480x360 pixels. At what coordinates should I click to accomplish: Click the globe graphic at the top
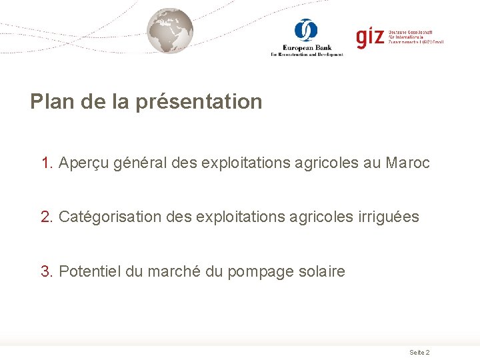tap(170, 31)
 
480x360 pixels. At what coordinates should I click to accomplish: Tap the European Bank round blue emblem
tap(306, 30)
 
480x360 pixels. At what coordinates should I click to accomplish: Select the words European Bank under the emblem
tap(307, 47)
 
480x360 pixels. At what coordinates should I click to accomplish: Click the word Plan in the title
tap(51, 102)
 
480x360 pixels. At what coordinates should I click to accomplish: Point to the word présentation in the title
tap(199, 102)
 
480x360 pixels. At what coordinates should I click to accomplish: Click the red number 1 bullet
tap(46, 163)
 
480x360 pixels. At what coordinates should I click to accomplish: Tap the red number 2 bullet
tap(46, 217)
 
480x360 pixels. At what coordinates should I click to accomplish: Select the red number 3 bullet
tap(46, 271)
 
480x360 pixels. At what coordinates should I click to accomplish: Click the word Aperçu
tap(83, 163)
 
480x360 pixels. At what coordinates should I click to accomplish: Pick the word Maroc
tap(407, 163)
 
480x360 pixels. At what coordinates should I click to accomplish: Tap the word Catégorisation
tap(110, 217)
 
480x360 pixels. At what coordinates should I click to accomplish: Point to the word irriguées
tap(388, 217)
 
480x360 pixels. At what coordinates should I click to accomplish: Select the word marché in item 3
tap(171, 271)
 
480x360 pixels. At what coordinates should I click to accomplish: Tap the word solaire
tap(321, 271)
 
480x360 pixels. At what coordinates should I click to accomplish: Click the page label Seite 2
tap(419, 352)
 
